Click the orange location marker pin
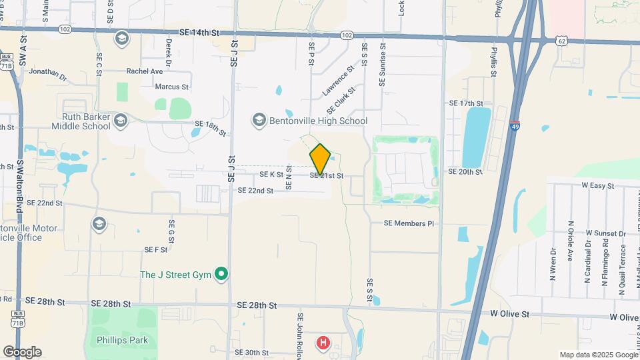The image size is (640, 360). pyautogui.click(x=321, y=159)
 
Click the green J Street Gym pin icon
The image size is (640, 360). pyautogui.click(x=223, y=274)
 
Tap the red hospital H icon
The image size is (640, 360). pyautogui.click(x=323, y=343)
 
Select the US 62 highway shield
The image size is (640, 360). pyautogui.click(x=562, y=41)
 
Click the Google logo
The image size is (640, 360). pyautogui.click(x=22, y=352)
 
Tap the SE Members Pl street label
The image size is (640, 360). pyautogui.click(x=409, y=223)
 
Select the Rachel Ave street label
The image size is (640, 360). pyautogui.click(x=145, y=71)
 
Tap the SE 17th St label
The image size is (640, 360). pyautogui.click(x=465, y=103)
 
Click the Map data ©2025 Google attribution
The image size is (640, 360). pyautogui.click(x=599, y=355)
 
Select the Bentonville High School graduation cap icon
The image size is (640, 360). pyautogui.click(x=259, y=120)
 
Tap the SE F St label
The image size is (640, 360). pyautogui.click(x=155, y=249)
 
